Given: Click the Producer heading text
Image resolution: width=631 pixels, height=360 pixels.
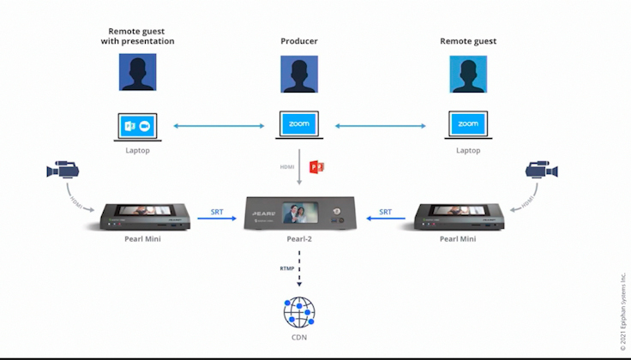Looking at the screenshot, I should click(299, 41).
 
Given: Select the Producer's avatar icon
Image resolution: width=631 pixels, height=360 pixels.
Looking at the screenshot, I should click(299, 74).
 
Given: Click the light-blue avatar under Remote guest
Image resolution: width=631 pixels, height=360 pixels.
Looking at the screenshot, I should click(468, 74).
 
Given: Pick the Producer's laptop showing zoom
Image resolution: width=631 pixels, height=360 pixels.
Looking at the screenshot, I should click(299, 125).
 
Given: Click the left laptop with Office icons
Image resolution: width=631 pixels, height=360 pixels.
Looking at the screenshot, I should click(137, 125).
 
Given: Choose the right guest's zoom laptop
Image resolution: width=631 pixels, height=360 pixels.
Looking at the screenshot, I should click(468, 125).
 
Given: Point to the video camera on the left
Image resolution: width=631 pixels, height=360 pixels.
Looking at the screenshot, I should click(63, 171).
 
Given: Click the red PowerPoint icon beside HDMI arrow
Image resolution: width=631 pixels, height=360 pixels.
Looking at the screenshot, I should click(314, 165).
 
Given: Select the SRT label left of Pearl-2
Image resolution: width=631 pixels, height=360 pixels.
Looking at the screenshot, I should click(217, 212).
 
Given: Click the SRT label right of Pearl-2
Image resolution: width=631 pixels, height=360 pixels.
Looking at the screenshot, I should click(386, 212).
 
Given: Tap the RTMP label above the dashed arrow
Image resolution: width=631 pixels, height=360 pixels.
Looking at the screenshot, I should click(288, 268).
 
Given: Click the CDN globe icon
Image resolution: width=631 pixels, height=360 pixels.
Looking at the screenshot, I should click(299, 312).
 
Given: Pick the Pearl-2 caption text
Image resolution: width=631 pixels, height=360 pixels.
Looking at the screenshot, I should click(299, 239).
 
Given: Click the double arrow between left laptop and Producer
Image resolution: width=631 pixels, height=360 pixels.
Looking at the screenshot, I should click(219, 126).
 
